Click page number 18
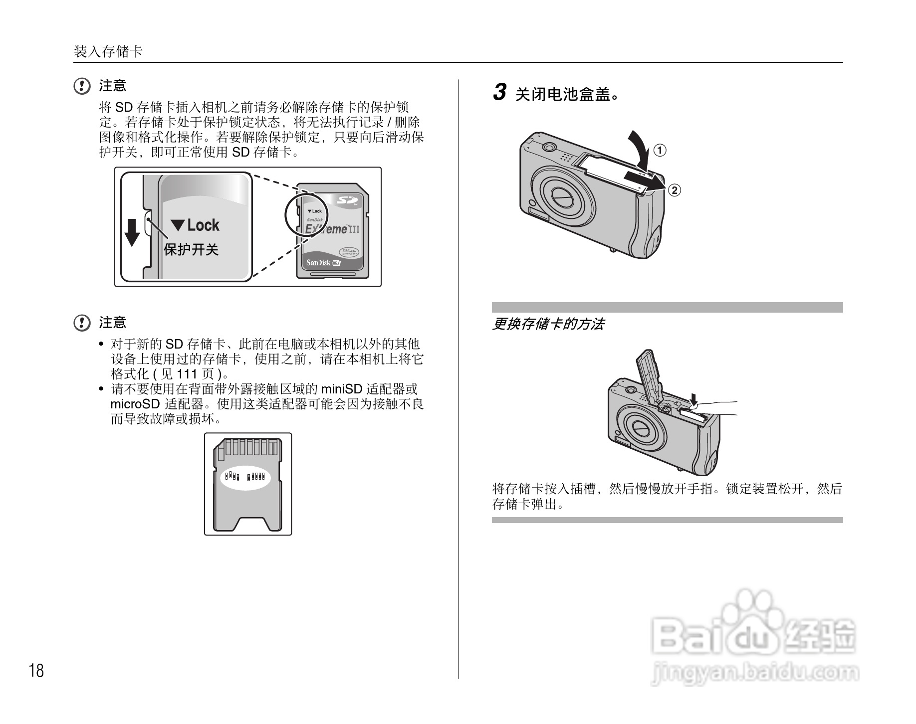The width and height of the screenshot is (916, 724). [x=36, y=671]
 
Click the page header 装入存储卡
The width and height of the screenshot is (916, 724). [x=108, y=51]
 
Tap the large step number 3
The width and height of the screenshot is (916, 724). [x=499, y=93]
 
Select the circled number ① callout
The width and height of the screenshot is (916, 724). [x=660, y=150]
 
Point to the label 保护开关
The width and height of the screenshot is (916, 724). [x=191, y=249]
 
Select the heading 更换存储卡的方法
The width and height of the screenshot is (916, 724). [x=548, y=325]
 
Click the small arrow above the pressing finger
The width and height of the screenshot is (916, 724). [x=693, y=398]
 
